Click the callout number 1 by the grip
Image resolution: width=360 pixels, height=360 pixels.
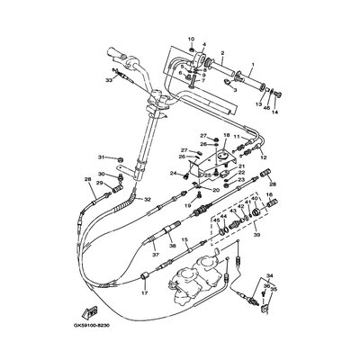[253, 65]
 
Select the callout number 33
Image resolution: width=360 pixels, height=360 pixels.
[108, 80]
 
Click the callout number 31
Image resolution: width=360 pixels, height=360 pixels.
[102, 157]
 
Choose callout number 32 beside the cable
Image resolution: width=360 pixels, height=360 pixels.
[148, 199]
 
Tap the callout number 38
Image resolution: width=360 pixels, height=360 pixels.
[172, 245]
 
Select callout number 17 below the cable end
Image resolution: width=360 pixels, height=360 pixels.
[143, 294]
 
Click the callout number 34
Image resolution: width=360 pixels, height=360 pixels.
[270, 277]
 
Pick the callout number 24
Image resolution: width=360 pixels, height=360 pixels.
[172, 173]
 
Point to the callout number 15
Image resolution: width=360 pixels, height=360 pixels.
[184, 240]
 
